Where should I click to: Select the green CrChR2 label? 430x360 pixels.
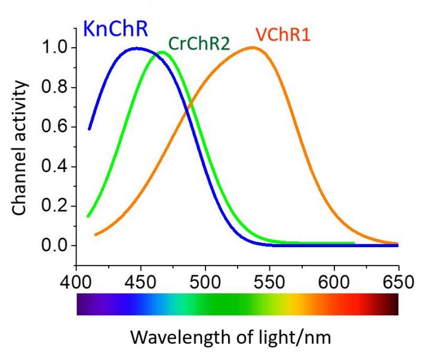[x=199, y=44]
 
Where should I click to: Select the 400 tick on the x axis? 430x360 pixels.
[x=76, y=281]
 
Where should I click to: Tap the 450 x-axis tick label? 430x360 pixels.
[x=140, y=281]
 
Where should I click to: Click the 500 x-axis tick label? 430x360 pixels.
[x=205, y=281]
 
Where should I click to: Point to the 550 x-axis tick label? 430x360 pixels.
[x=269, y=281]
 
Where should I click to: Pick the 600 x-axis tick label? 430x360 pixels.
[x=334, y=281]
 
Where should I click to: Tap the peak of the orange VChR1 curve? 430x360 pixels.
[x=253, y=48]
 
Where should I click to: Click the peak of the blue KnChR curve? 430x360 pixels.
[x=137, y=48]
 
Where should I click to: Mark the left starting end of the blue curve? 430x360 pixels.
[x=89, y=128]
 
